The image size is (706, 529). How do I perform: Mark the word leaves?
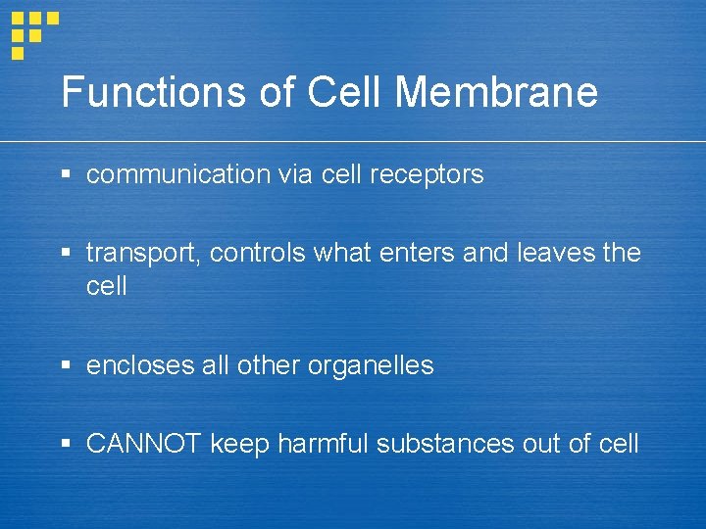coord(550,254)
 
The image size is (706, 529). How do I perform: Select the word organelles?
coord(371,366)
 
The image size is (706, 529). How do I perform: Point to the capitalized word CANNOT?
coord(143,444)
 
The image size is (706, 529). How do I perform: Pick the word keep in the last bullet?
coord(239,445)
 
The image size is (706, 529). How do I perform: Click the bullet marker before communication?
coord(67,175)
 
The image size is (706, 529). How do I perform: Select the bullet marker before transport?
coord(67,254)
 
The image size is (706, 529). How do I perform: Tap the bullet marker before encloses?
coord(67,365)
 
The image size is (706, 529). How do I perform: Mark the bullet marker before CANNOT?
coord(67,444)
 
